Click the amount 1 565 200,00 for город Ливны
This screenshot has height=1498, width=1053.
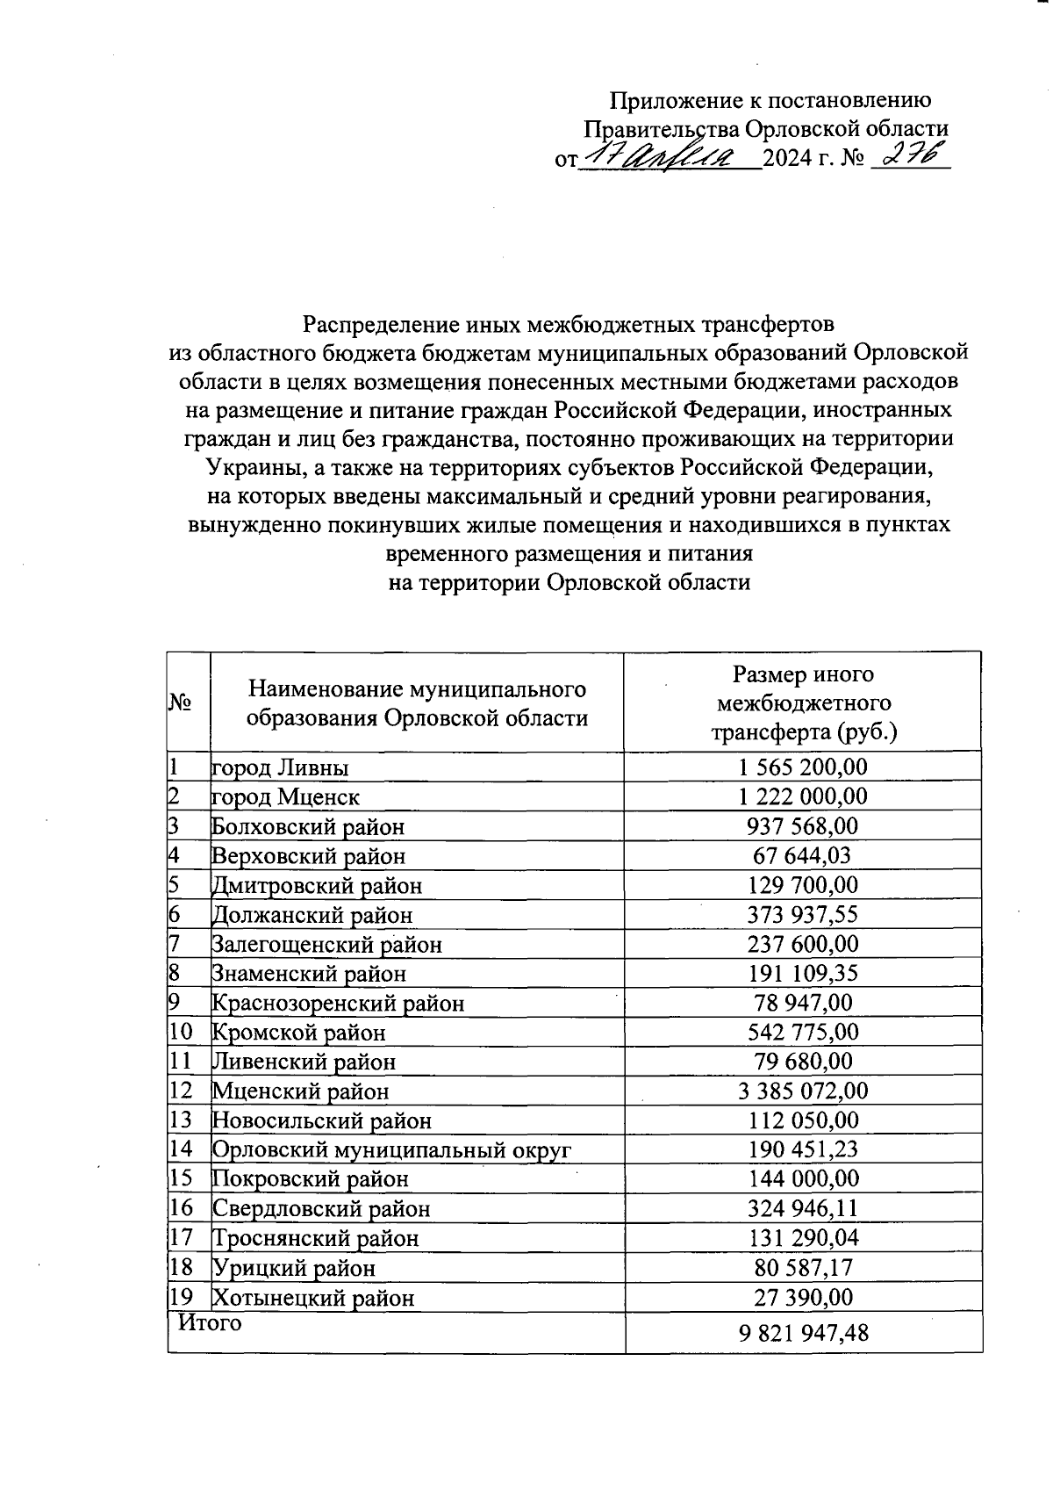[x=802, y=767]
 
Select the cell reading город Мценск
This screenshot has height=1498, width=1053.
[x=286, y=797]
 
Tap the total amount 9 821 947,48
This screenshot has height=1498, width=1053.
[x=803, y=1333]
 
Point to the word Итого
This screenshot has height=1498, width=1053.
[x=210, y=1322]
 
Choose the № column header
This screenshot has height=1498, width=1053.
[x=181, y=702]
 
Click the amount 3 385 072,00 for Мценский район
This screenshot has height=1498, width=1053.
[x=803, y=1091]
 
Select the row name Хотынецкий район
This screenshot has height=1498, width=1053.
[x=313, y=1298]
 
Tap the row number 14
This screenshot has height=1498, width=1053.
[x=181, y=1149]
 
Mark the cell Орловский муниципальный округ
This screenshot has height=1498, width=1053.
[x=392, y=1150]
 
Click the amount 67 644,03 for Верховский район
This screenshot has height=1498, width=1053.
[x=802, y=855]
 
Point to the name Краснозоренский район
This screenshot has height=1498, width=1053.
[x=339, y=1003]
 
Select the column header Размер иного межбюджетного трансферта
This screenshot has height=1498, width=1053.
[x=803, y=702]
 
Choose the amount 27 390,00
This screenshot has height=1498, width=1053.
[x=803, y=1298]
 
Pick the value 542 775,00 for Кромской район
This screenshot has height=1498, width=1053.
[x=803, y=1032]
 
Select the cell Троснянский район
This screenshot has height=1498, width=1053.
[x=316, y=1238]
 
